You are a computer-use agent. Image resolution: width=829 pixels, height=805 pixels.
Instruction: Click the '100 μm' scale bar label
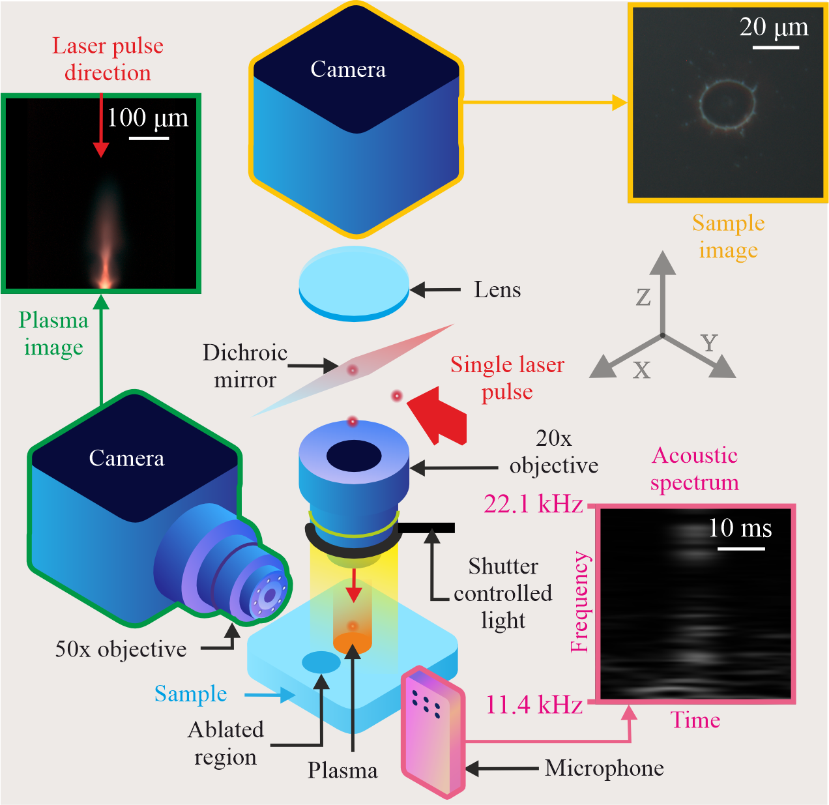click(147, 119)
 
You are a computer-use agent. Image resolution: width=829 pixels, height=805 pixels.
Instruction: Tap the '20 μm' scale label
click(774, 27)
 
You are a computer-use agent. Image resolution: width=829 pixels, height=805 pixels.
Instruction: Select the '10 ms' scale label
click(740, 528)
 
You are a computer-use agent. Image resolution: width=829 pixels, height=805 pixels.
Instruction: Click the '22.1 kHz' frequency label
click(533, 505)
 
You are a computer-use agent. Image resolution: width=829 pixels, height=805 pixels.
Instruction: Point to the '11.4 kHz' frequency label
click(534, 705)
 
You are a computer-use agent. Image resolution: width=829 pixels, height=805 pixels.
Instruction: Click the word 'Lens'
click(497, 289)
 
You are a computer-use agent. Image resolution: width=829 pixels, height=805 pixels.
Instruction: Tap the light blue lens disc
click(354, 280)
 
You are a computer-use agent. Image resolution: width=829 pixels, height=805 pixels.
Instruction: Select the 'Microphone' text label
click(604, 768)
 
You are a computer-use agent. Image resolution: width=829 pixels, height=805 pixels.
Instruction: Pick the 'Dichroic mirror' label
click(245, 366)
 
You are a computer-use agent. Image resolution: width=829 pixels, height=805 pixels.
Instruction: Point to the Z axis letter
click(643, 297)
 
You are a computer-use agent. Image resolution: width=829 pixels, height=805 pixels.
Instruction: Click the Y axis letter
click(709, 342)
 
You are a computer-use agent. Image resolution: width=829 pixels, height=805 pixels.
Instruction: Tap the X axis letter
click(642, 370)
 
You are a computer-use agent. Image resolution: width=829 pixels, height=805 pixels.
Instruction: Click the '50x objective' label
click(121, 649)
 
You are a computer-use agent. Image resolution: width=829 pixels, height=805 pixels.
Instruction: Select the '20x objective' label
click(554, 452)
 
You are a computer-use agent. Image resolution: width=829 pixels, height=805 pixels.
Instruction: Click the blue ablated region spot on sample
click(321, 662)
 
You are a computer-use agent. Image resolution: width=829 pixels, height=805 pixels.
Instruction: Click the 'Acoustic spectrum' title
click(695, 469)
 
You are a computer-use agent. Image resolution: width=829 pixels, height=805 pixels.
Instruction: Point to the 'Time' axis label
click(695, 720)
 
